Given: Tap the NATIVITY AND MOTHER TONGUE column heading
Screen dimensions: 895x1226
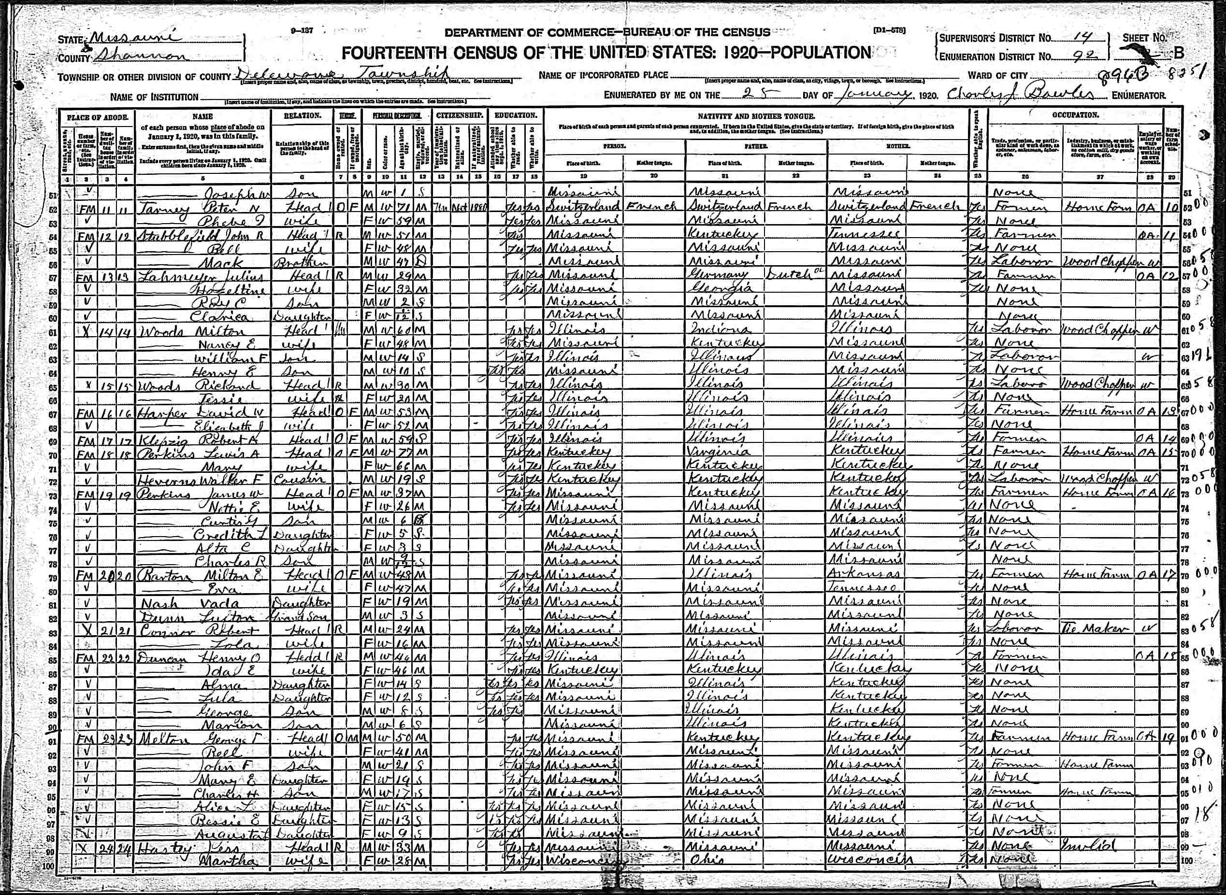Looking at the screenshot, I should tap(756, 116).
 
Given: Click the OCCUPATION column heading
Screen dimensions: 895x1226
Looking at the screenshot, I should tap(1075, 115).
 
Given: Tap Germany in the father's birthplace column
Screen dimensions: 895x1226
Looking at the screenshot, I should tap(717, 275).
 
